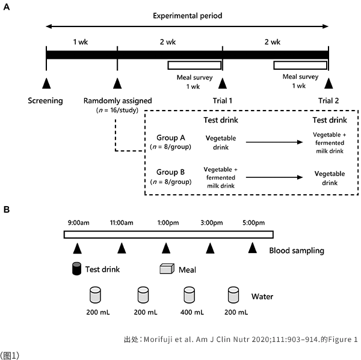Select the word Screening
(x=45, y=100)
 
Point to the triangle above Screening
(x=46, y=83)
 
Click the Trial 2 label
(x=329, y=100)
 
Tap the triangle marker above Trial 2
(x=329, y=83)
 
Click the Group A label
(x=170, y=138)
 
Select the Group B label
(x=170, y=173)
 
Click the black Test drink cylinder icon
(x=77, y=269)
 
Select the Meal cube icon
(x=167, y=269)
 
